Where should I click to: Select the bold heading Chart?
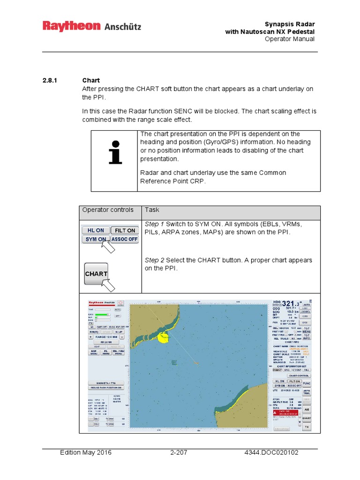(91, 81)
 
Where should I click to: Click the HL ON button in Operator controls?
(96, 230)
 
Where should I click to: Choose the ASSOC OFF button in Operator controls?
(125, 239)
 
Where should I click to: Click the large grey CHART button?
(96, 274)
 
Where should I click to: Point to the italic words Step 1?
(155, 224)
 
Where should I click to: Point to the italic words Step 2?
(155, 260)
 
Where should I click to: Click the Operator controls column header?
(108, 210)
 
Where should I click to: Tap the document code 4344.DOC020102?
(271, 452)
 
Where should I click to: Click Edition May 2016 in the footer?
(86, 452)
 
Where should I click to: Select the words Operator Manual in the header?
(289, 39)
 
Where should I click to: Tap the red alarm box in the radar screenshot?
(285, 411)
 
